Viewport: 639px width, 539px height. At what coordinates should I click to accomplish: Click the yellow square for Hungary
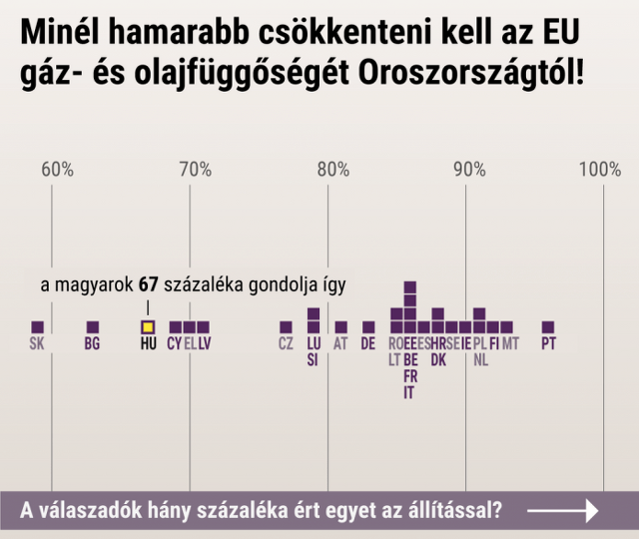tap(148, 327)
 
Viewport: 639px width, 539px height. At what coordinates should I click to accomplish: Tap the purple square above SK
tap(38, 327)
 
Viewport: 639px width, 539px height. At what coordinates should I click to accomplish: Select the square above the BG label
tap(93, 327)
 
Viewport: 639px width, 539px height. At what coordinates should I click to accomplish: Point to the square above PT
tap(548, 327)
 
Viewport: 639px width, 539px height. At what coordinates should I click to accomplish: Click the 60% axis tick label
tap(58, 170)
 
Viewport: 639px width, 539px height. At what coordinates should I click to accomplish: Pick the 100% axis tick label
tap(600, 170)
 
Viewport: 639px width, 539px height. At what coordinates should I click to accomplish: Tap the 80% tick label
tap(333, 170)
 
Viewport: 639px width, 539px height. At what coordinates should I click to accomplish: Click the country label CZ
tap(286, 343)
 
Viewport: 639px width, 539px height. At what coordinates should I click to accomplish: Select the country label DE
tap(368, 343)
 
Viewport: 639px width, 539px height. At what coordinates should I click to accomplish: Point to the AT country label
tap(340, 343)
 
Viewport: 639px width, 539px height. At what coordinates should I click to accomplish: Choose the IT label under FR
tap(408, 392)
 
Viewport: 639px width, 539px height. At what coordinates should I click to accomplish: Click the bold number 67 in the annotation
tap(149, 285)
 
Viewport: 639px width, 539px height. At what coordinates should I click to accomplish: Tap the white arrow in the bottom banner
tap(563, 510)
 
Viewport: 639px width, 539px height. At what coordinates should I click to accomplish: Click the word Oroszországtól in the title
tap(471, 73)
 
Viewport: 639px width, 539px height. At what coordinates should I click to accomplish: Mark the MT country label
tap(510, 343)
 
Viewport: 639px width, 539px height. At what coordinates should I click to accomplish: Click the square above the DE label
tap(368, 327)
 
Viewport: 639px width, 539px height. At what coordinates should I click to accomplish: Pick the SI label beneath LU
tap(313, 360)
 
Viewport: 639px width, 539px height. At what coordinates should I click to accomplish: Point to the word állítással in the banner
tap(454, 510)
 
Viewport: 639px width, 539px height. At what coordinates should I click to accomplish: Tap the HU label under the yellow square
tap(149, 343)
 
